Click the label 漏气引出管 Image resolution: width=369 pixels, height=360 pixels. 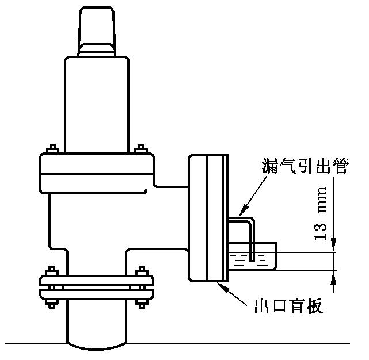point(305,166)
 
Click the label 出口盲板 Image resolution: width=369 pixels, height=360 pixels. point(288,306)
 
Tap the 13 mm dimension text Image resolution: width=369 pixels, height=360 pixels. point(321,213)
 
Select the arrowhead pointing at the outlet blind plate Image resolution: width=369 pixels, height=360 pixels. point(222,286)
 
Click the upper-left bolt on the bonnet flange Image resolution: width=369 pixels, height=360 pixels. point(52,148)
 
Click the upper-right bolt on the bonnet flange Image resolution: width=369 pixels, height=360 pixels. point(140,148)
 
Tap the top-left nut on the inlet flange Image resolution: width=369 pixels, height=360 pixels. point(52,271)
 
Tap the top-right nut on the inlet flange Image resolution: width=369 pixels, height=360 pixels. point(142,271)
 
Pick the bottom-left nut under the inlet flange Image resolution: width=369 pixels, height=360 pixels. point(52,303)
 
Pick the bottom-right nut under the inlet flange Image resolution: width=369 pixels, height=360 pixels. point(142,303)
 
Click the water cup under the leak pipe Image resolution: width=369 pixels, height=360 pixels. point(252,256)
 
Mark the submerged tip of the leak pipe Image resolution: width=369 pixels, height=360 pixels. point(252,261)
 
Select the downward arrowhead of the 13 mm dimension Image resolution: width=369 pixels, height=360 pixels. point(333,244)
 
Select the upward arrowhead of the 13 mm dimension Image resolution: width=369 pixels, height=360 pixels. point(333,277)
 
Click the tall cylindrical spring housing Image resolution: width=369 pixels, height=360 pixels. point(97,105)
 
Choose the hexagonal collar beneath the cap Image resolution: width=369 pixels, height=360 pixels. point(97,49)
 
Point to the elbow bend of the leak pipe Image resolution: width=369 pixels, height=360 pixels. point(250,221)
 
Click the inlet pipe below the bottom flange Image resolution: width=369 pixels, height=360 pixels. point(97,325)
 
